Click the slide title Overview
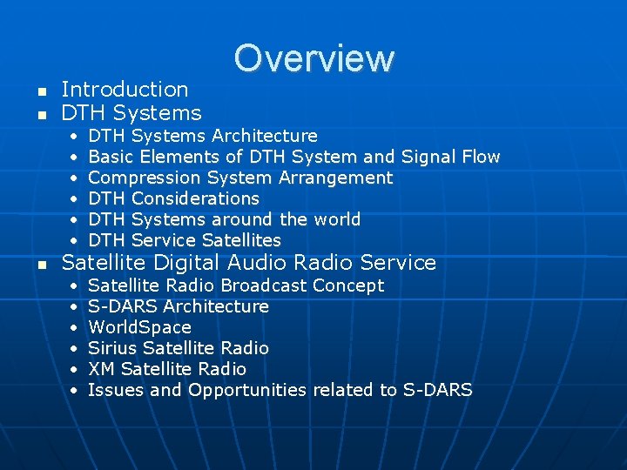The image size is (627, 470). tap(313, 58)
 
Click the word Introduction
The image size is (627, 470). tap(125, 90)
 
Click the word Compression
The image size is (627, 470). tap(145, 178)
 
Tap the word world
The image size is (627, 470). tap(334, 219)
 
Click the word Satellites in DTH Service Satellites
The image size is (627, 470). tap(241, 240)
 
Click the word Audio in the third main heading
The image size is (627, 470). tap(260, 263)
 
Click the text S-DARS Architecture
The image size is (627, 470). tap(179, 306)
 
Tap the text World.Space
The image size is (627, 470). tap(139, 327)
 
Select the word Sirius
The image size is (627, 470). tap(113, 348)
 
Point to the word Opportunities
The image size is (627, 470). tap(246, 390)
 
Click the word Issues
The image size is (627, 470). tap(116, 390)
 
